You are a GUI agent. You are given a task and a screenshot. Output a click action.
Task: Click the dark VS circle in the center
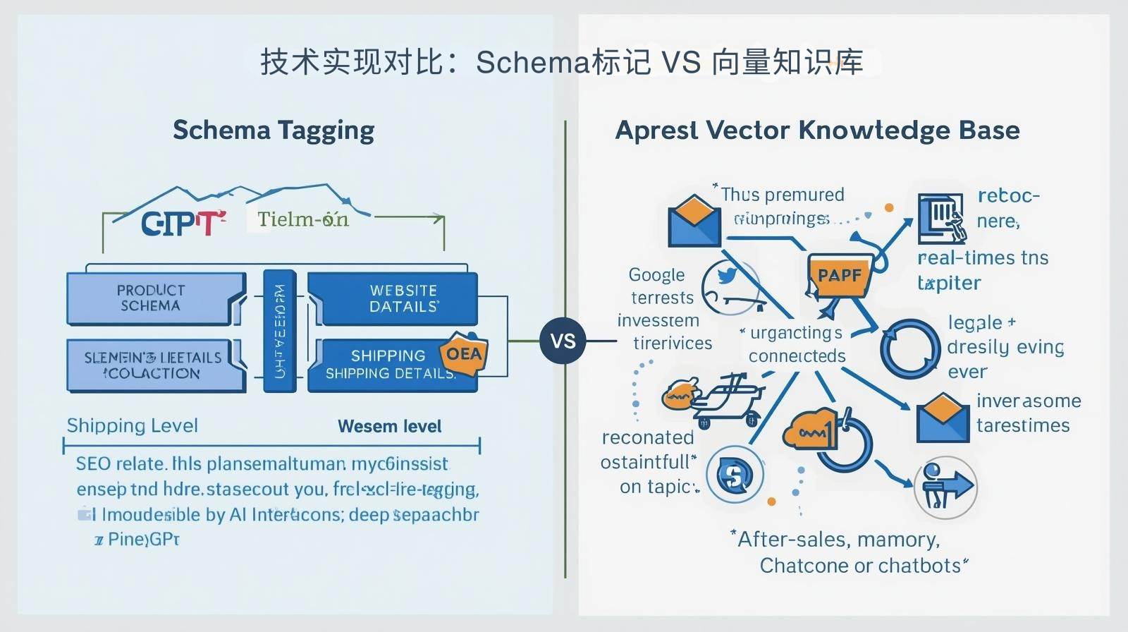coord(563,341)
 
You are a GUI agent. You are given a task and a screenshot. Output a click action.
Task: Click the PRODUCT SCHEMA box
coord(152,298)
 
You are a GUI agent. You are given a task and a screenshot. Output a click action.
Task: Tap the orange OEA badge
coord(464,353)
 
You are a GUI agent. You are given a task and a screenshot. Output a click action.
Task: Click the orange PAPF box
coord(839,275)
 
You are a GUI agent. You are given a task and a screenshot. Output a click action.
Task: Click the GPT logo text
coord(182,224)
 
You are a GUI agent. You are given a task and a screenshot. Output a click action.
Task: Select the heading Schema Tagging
coord(274,130)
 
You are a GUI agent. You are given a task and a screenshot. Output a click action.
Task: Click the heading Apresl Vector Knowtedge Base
coord(817,130)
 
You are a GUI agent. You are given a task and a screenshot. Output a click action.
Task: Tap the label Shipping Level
coord(132,425)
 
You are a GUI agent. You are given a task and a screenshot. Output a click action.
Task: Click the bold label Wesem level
coord(389,426)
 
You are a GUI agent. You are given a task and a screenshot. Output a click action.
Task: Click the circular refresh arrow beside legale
coord(909,348)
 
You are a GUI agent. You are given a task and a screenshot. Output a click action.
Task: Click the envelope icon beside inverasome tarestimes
coord(943,418)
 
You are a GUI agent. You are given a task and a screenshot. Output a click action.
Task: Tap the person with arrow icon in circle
coord(945,487)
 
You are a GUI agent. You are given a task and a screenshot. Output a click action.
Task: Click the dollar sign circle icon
coord(735,475)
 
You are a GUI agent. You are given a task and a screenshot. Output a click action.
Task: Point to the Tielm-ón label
coord(302,219)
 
